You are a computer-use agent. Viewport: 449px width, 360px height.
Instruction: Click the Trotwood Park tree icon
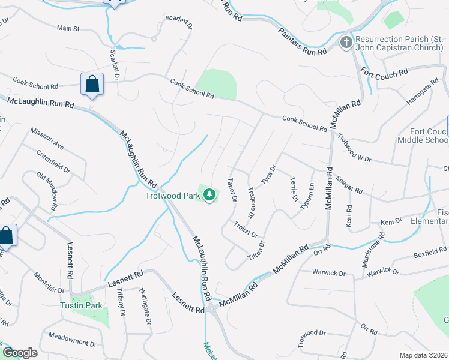click(209, 194)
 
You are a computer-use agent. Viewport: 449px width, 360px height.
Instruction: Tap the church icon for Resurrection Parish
click(346, 42)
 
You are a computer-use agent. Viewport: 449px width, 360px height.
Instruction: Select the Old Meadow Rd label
click(47, 191)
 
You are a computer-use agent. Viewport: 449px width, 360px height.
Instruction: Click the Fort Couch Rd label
click(385, 71)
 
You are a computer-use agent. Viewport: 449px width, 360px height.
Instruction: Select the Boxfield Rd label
click(430, 253)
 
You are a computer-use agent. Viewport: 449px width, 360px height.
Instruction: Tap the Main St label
click(68, 28)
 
